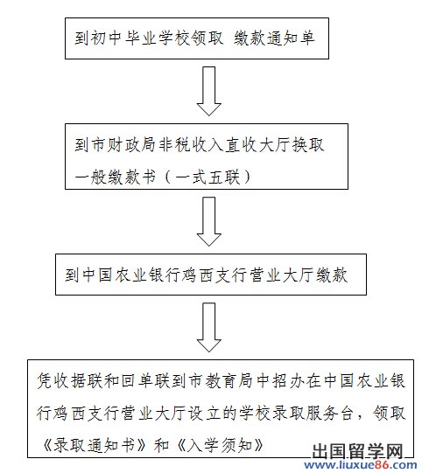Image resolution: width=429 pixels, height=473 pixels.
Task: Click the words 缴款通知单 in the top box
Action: tap(274, 38)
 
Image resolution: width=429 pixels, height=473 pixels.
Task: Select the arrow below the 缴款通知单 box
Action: tap(209, 91)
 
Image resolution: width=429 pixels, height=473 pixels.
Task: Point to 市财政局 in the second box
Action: tap(123, 145)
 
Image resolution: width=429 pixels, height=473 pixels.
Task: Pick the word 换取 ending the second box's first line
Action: tap(308, 145)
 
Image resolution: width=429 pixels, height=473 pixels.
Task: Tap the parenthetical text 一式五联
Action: tap(207, 177)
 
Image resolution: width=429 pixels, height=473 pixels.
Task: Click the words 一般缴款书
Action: tap(116, 177)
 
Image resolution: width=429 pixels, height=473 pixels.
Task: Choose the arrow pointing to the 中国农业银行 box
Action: tap(209, 221)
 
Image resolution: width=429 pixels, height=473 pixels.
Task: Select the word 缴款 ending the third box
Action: tap(332, 275)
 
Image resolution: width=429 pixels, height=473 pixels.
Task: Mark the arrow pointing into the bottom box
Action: tap(209, 327)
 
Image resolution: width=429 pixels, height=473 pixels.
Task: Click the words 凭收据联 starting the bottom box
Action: tap(69, 380)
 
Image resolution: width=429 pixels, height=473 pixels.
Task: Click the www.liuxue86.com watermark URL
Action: tap(361, 465)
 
